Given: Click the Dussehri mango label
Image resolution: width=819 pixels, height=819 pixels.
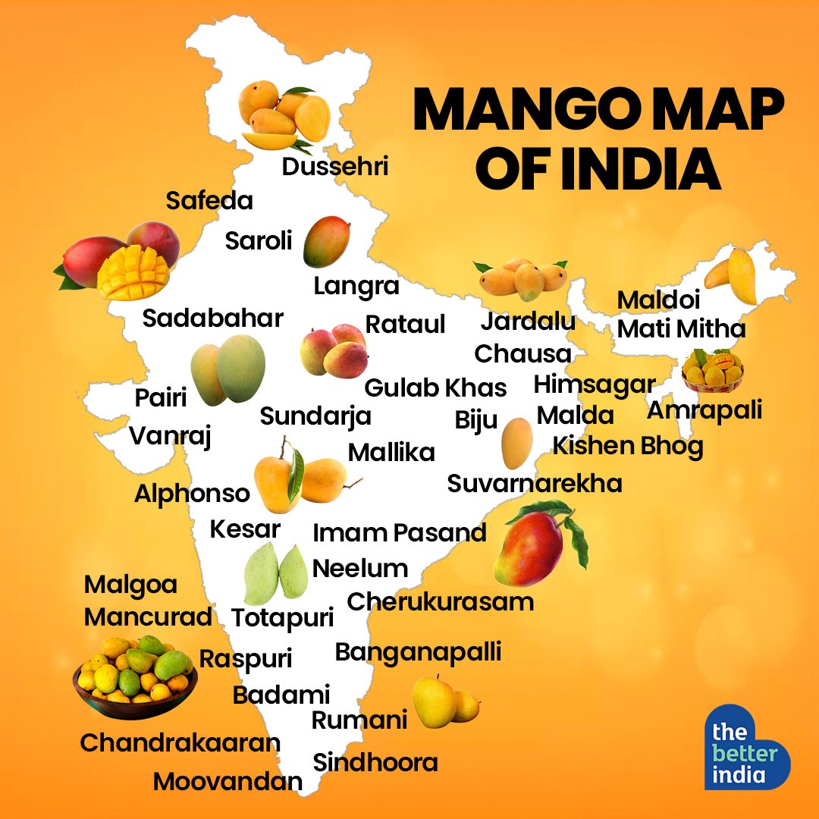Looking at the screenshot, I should tap(334, 167).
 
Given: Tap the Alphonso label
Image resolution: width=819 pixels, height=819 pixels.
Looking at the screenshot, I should tap(192, 494).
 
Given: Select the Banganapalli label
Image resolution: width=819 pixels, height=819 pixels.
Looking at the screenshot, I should tap(418, 651).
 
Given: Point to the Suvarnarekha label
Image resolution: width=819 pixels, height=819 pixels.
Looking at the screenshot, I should tap(535, 483).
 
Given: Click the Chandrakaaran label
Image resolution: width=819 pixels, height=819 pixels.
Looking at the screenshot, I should tap(180, 742).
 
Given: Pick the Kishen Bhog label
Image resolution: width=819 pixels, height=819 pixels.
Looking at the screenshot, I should tap(628, 446).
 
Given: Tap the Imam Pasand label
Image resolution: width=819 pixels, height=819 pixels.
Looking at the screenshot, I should tap(399, 532).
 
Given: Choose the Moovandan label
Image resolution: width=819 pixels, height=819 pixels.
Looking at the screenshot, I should tap(227, 781).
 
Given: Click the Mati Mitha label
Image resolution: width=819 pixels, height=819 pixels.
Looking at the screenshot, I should tap(681, 329).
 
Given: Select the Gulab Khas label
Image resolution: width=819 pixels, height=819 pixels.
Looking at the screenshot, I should tap(435, 388).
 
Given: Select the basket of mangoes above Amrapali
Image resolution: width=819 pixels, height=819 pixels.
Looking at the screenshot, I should tap(711, 371).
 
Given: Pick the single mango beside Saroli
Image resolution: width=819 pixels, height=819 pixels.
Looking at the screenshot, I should tap(326, 240).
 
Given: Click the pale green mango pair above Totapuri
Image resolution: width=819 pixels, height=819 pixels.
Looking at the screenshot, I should tap(275, 573).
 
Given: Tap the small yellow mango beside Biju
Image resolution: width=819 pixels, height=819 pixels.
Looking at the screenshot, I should tap(517, 444).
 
